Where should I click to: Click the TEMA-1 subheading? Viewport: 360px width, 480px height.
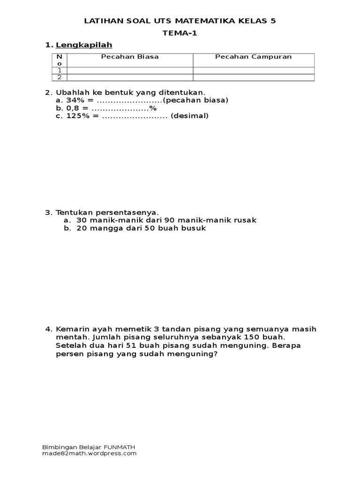tap(180, 33)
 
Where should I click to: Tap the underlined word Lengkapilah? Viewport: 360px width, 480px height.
tap(84, 45)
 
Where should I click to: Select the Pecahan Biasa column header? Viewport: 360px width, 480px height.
tap(130, 57)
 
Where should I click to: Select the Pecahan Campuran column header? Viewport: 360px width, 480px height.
tap(253, 57)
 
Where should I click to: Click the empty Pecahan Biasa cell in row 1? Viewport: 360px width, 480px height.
tap(130, 70)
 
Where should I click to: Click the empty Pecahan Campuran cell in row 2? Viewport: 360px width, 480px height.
tap(253, 77)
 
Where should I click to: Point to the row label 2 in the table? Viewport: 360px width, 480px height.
tap(60, 77)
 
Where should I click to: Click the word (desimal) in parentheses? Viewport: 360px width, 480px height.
tap(190, 116)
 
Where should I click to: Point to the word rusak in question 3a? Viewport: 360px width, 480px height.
tap(246, 220)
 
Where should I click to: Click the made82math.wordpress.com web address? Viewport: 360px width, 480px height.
tap(90, 453)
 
